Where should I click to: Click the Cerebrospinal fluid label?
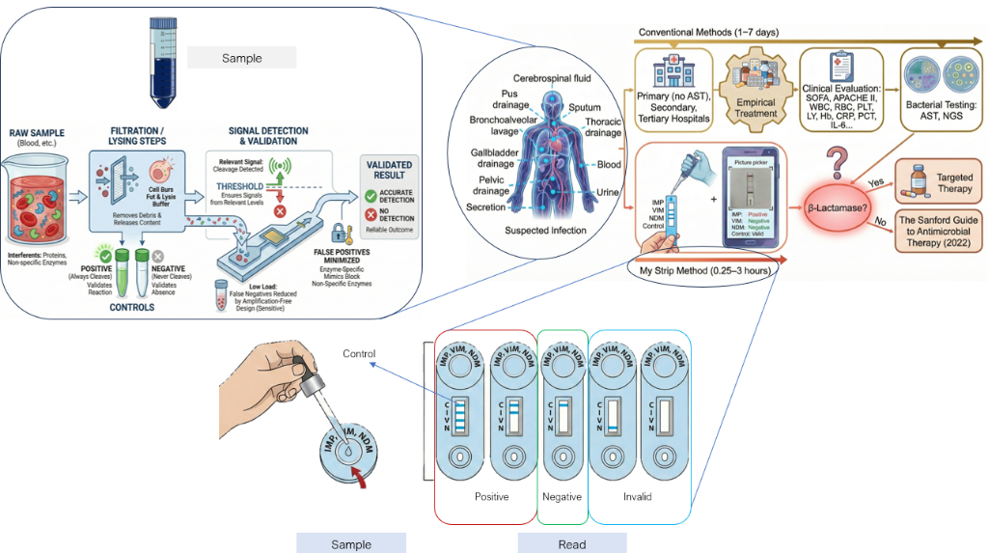[x=553, y=77]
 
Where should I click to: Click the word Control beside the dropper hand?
[x=359, y=353]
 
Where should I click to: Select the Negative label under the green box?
[x=563, y=496]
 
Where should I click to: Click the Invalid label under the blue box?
[x=636, y=496]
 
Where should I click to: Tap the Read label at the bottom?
[x=571, y=544]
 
